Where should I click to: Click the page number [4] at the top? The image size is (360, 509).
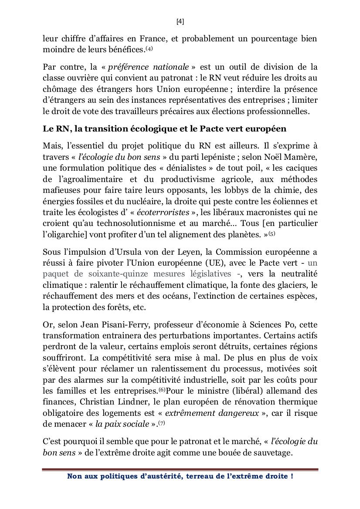pyautogui.click(x=180, y=21)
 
